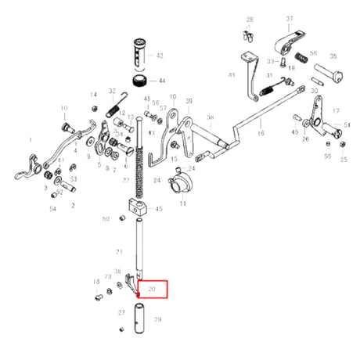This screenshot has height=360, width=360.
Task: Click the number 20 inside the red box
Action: tap(153, 289)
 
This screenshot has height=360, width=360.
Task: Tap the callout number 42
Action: tap(160, 56)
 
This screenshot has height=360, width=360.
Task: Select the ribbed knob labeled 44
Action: tap(141, 82)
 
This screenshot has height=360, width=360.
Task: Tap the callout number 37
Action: tap(290, 19)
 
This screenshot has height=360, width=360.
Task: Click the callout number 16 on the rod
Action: tap(261, 134)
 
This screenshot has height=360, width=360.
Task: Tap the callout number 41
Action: tap(232, 75)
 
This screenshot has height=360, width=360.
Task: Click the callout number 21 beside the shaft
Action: tap(120, 251)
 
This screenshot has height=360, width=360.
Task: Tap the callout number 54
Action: tap(53, 209)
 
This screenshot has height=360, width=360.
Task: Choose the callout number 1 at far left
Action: tap(31, 140)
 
